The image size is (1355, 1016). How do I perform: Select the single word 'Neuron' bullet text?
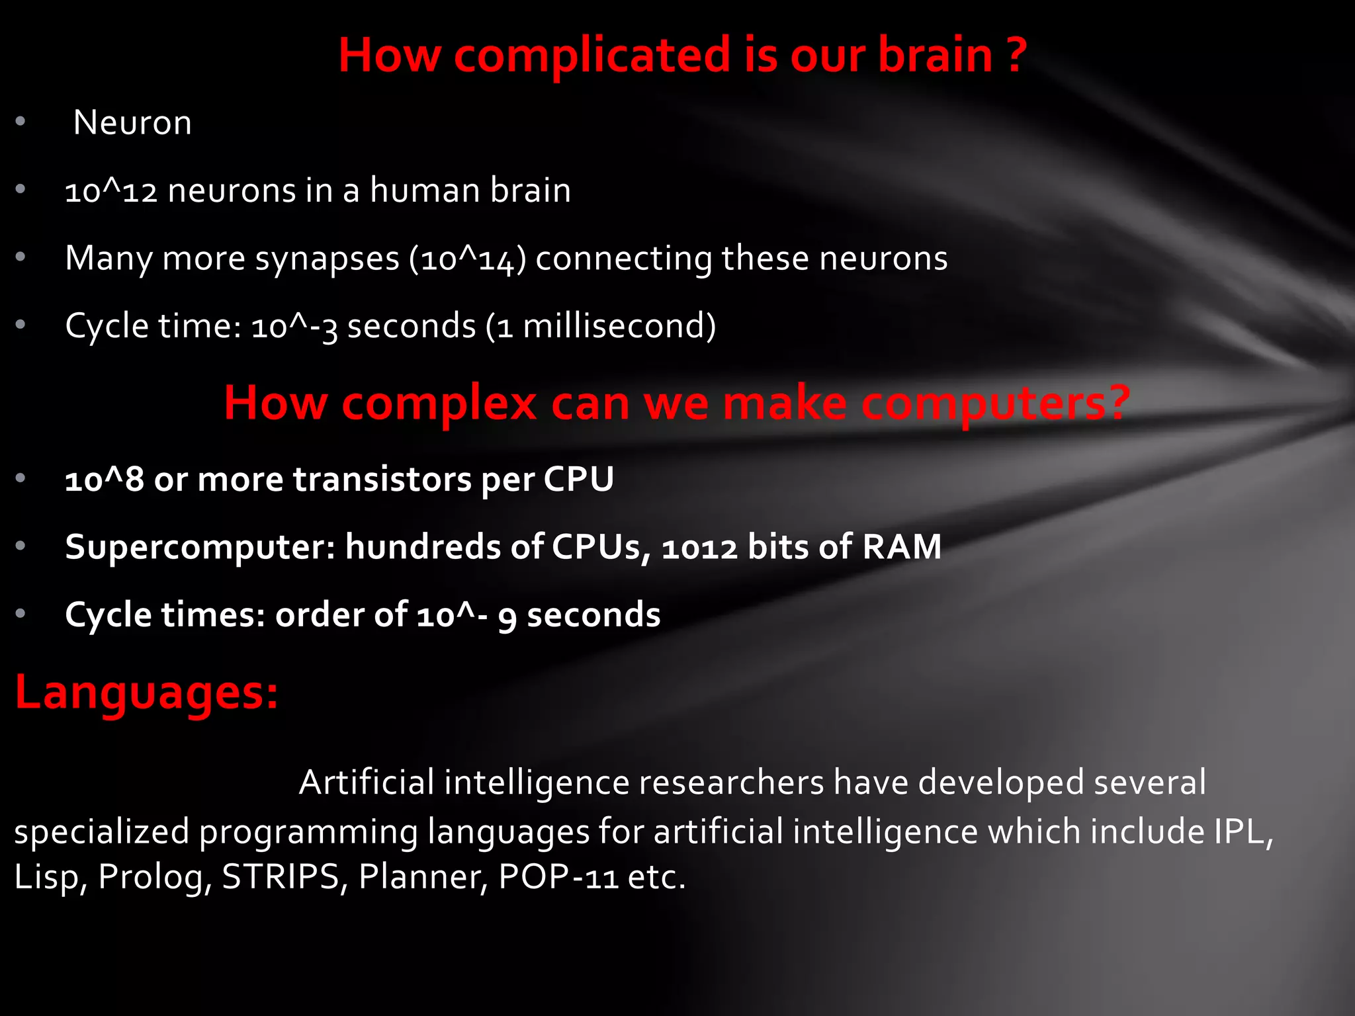[132, 123]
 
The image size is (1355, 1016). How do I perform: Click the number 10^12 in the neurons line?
[111, 191]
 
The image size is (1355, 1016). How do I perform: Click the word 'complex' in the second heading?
[439, 403]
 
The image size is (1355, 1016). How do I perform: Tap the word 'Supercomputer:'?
[200, 547]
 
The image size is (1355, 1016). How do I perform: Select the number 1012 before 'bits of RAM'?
[699, 548]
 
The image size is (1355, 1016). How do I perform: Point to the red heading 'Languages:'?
[146, 692]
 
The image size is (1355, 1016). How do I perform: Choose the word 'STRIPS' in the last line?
[280, 877]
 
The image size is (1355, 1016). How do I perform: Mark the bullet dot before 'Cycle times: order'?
[21, 614]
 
